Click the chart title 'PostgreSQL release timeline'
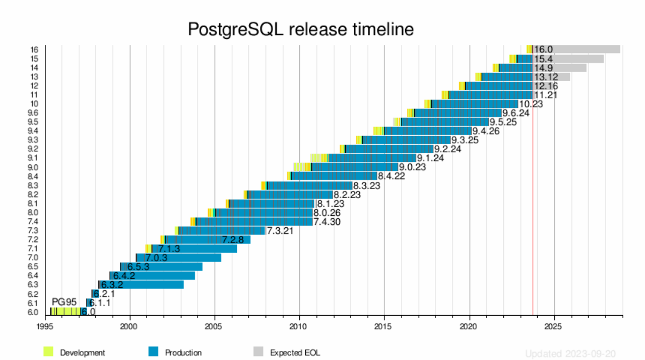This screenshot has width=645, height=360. click(x=301, y=29)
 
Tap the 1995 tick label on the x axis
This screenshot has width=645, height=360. click(x=45, y=326)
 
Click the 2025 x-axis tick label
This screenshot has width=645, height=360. click(x=554, y=326)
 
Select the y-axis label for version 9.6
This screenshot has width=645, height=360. click(x=33, y=113)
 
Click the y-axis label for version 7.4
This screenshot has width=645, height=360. click(x=33, y=222)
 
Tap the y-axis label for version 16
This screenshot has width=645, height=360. click(x=34, y=49)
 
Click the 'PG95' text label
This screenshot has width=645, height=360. click(x=64, y=302)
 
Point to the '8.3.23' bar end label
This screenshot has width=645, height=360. click(x=366, y=186)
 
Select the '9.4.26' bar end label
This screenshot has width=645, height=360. click(x=486, y=131)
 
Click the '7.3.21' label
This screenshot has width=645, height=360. click(x=280, y=231)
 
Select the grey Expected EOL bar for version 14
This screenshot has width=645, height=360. click(x=559, y=68)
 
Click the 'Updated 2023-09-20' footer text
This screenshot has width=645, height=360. click(x=570, y=354)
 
